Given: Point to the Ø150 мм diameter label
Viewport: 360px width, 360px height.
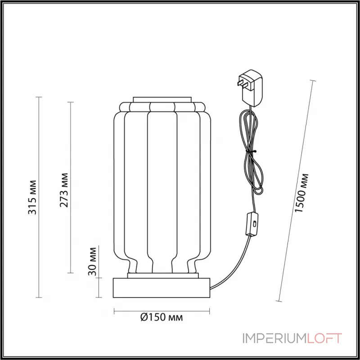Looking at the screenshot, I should tap(161, 318).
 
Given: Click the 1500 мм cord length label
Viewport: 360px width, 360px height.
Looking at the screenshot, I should tap(302, 193).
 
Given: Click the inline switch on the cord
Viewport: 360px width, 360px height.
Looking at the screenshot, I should tap(252, 224).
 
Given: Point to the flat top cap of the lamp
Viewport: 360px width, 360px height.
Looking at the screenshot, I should tap(162, 99).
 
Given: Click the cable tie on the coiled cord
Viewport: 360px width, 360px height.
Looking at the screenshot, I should tap(253, 152).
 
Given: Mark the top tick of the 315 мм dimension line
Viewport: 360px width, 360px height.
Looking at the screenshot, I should tap(39, 97).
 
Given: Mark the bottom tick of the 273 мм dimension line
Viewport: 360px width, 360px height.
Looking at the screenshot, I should tap(70, 273).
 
